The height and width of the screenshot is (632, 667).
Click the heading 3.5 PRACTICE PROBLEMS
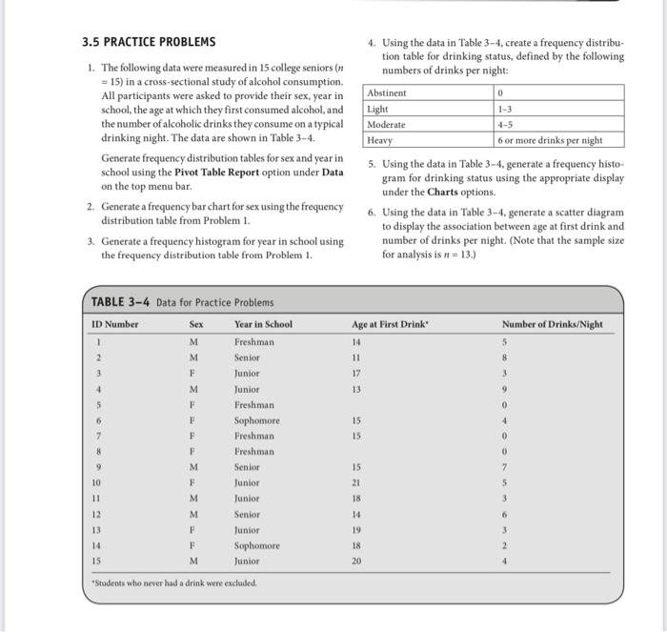pos(148,42)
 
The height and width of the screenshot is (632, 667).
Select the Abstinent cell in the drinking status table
pos(387,93)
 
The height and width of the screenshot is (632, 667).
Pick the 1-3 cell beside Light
pos(505,109)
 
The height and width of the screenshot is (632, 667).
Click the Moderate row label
pos(387,125)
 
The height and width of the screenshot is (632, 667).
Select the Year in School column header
pos(263,324)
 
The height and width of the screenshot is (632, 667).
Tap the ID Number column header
pos(115,324)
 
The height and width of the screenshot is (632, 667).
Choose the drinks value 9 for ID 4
pos(517,389)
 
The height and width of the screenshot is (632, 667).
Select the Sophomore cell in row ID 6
pos(257,420)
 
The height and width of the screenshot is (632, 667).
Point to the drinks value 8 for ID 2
pos(517,357)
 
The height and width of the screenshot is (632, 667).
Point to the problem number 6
pos(372,213)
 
